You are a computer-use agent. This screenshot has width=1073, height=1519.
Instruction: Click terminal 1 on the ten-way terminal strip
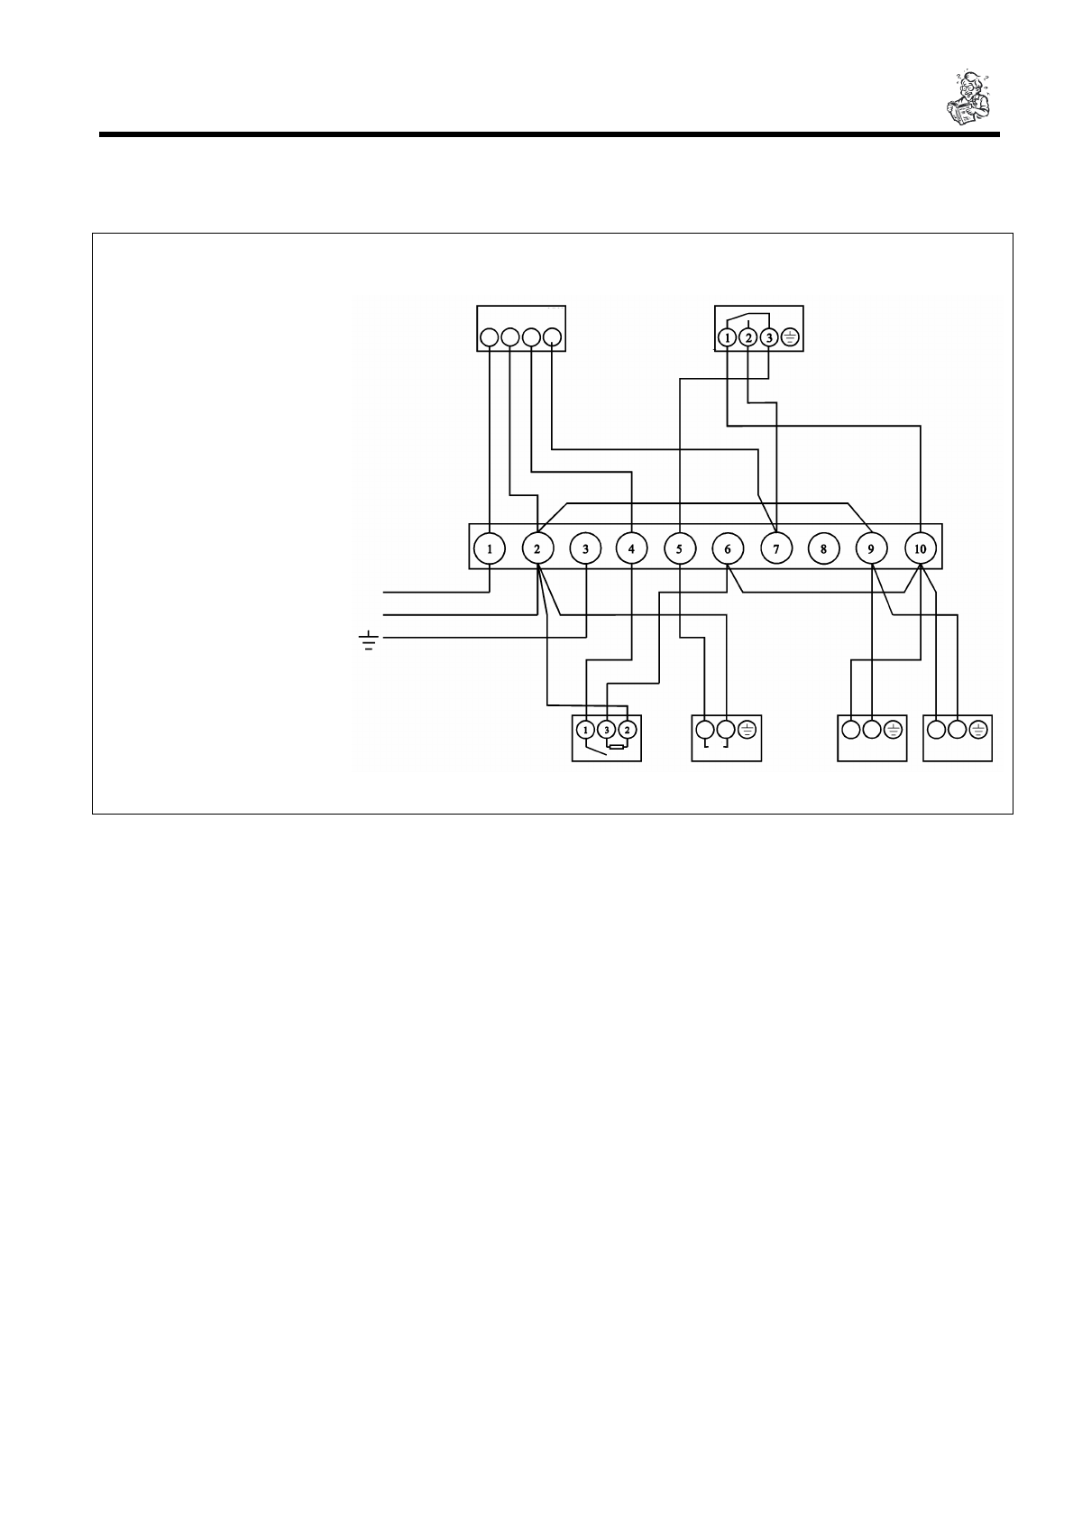tap(490, 548)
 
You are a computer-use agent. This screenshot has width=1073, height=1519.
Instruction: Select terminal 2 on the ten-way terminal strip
tap(537, 548)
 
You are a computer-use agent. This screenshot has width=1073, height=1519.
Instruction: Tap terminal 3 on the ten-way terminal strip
tap(585, 548)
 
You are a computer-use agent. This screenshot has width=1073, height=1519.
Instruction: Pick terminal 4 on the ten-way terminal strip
tap(631, 548)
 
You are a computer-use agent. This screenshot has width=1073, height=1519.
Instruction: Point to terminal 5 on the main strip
tap(679, 548)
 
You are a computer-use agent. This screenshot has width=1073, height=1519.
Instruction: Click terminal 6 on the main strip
tap(727, 548)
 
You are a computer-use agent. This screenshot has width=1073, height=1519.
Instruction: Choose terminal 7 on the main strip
tap(775, 548)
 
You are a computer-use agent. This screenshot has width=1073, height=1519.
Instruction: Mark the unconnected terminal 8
tap(823, 548)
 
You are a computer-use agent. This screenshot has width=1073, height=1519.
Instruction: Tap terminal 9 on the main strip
tap(871, 548)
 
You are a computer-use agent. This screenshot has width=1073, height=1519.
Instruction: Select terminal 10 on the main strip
tap(920, 548)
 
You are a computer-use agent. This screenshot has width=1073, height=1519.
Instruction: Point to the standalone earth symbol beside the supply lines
tap(368, 641)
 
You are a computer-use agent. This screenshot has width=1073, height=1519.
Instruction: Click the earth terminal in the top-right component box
tap(789, 338)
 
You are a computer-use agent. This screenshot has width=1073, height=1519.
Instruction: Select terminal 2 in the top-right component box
tap(748, 338)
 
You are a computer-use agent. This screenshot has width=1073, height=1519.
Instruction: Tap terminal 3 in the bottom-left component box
tap(607, 729)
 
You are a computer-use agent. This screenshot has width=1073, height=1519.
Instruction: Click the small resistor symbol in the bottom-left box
tap(618, 747)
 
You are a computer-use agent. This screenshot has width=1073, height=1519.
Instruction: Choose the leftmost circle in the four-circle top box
tap(490, 338)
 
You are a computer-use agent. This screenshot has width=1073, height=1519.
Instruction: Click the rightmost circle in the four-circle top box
tap(553, 338)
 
